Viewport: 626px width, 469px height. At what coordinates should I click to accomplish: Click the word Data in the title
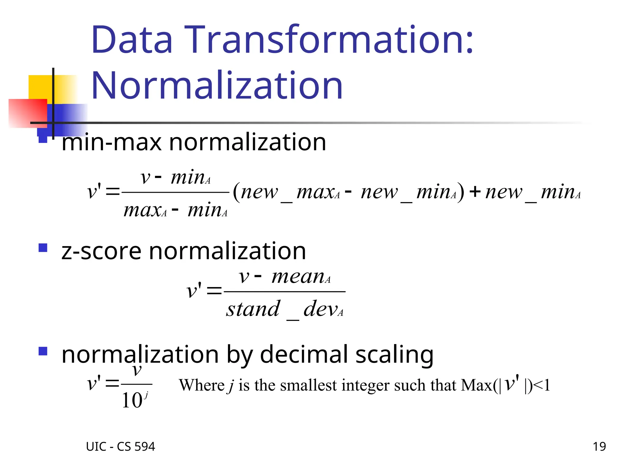click(x=132, y=40)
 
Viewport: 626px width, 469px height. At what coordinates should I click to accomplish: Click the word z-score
click(x=101, y=251)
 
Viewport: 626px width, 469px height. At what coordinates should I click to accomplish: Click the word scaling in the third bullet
click(x=394, y=355)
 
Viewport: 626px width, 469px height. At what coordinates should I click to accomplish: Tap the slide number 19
click(x=599, y=447)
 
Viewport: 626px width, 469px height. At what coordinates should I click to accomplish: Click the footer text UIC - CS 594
click(x=120, y=447)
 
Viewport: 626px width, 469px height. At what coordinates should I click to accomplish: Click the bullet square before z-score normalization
click(x=43, y=248)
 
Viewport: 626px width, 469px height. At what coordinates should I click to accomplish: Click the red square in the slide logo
click(x=28, y=113)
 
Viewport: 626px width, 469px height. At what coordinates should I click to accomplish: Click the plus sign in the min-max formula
click(x=475, y=192)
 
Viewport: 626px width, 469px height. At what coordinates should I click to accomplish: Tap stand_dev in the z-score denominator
click(x=284, y=309)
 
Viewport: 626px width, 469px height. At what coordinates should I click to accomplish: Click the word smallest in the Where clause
click(x=308, y=385)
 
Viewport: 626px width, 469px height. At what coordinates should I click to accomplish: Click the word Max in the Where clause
click(x=476, y=385)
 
